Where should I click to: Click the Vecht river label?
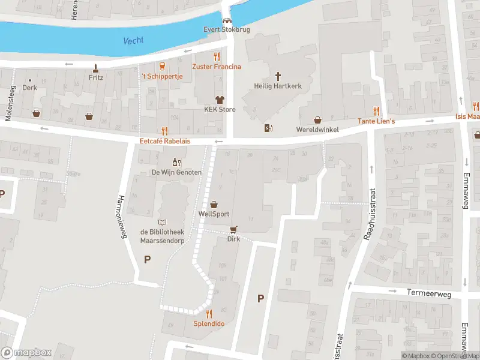133,41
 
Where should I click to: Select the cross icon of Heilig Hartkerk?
278,76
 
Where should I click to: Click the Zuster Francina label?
217,67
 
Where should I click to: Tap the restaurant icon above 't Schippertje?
161,66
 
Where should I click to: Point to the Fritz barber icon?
95,67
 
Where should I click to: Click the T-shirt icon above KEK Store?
220,100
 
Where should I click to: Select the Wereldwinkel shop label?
317,130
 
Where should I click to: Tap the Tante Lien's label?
376,121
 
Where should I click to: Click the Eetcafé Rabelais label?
164,142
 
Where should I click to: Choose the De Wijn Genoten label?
176,172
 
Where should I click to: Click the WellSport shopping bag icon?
214,205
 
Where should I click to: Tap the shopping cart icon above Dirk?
233,229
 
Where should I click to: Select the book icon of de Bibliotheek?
162,222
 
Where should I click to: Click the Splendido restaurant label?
209,323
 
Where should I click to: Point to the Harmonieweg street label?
123,217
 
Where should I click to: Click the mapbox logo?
26,353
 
